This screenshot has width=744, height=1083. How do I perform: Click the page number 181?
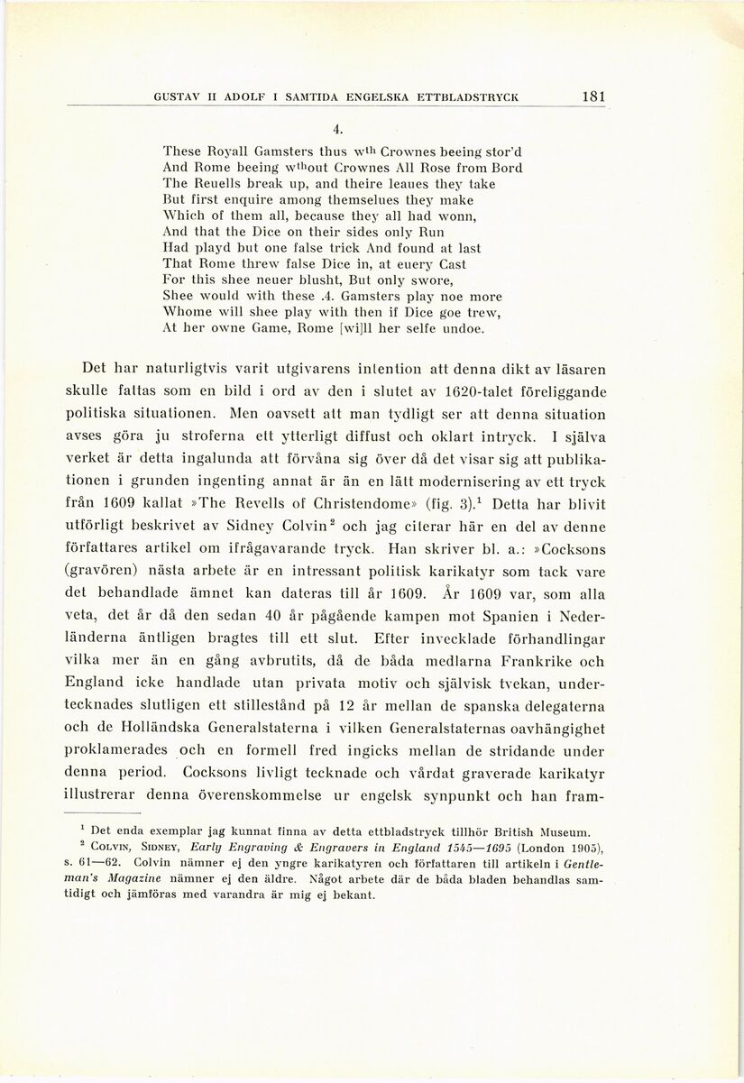click(x=594, y=96)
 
